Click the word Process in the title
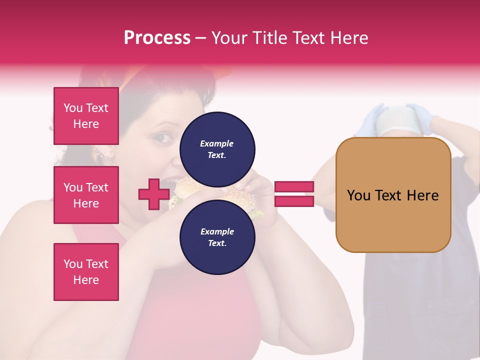point(157,37)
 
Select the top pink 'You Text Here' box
point(86,116)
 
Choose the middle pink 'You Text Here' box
point(86,195)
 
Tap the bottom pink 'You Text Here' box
point(86,272)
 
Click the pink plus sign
point(153,194)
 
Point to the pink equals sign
point(294,194)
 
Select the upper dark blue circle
point(217,149)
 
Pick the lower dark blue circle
point(217,237)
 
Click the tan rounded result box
point(393,195)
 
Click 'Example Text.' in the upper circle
point(217,149)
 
